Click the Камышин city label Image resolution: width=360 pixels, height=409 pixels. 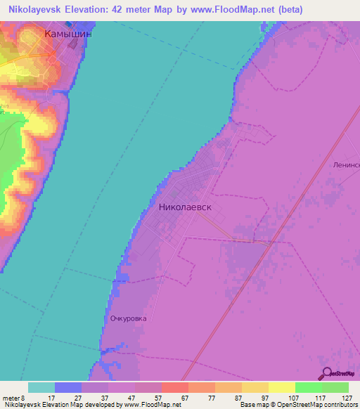67,33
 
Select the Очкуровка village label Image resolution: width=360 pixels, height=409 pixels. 128,318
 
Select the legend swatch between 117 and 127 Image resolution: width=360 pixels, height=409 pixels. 335,387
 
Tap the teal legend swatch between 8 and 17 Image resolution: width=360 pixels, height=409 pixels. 41,387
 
